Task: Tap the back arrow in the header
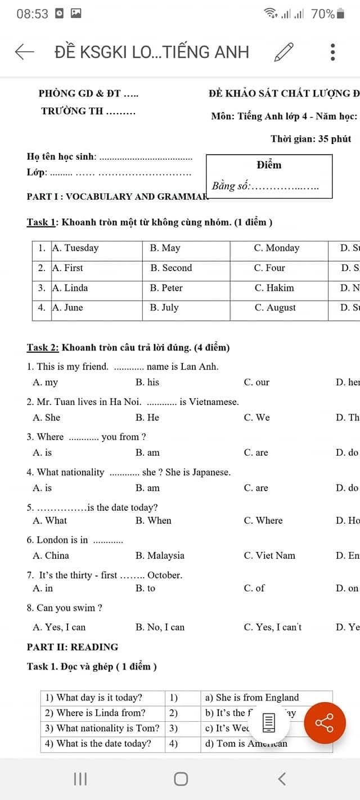pyautogui.click(x=24, y=52)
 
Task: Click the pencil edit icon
pyautogui.click(x=283, y=52)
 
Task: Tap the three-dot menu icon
pyautogui.click(x=333, y=52)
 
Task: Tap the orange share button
pyautogui.click(x=325, y=723)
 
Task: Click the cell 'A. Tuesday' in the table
pyautogui.click(x=75, y=248)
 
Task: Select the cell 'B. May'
pyautogui.click(x=165, y=248)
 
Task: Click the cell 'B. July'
pyautogui.click(x=164, y=308)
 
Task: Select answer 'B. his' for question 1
pyautogui.click(x=147, y=382)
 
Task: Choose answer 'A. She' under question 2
pyautogui.click(x=47, y=417)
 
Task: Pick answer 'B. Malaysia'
pyautogui.click(x=160, y=555)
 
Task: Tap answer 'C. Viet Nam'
pyautogui.click(x=269, y=555)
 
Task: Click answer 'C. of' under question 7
pyautogui.click(x=254, y=588)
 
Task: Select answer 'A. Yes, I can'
pyautogui.click(x=59, y=627)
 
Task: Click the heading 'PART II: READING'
pyautogui.click(x=73, y=647)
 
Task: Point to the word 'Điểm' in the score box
pyautogui.click(x=269, y=165)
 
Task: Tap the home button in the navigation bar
pyautogui.click(x=181, y=779)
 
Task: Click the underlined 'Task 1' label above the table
pyautogui.click(x=41, y=222)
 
